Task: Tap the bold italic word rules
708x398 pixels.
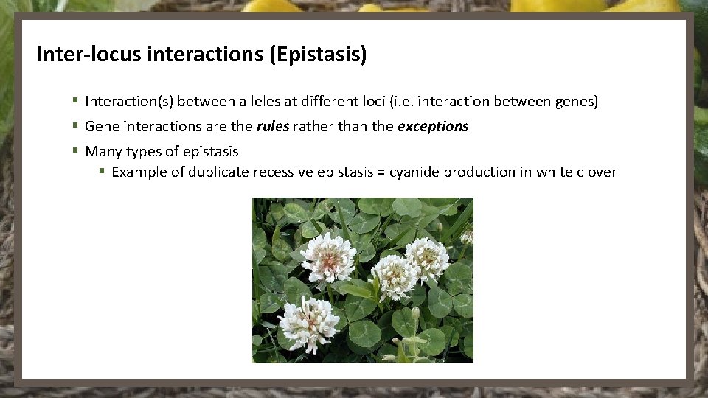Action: coord(273,126)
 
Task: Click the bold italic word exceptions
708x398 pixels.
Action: coord(433,126)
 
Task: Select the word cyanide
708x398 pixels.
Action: coord(414,172)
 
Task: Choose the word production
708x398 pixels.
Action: coord(480,172)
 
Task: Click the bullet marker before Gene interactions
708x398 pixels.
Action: coord(75,126)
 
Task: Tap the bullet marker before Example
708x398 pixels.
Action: coord(103,172)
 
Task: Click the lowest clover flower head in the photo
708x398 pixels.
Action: coord(309,323)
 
